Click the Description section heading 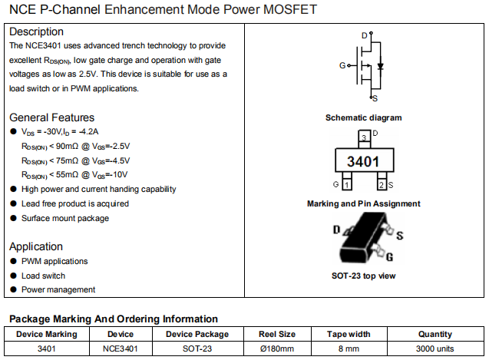point(37,32)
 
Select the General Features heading point(52,117)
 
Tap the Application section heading point(36,246)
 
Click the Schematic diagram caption point(363,117)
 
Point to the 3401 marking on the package point(363,162)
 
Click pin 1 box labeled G point(346,185)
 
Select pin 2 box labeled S point(381,185)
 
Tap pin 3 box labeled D point(363,136)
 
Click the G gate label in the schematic point(342,66)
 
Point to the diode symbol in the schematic point(381,66)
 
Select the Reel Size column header point(276,334)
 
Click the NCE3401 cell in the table point(121,348)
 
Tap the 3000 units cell point(435,348)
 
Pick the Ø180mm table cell point(276,348)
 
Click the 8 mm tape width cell point(349,348)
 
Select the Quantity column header point(435,334)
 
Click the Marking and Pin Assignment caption point(363,203)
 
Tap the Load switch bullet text point(43,276)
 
